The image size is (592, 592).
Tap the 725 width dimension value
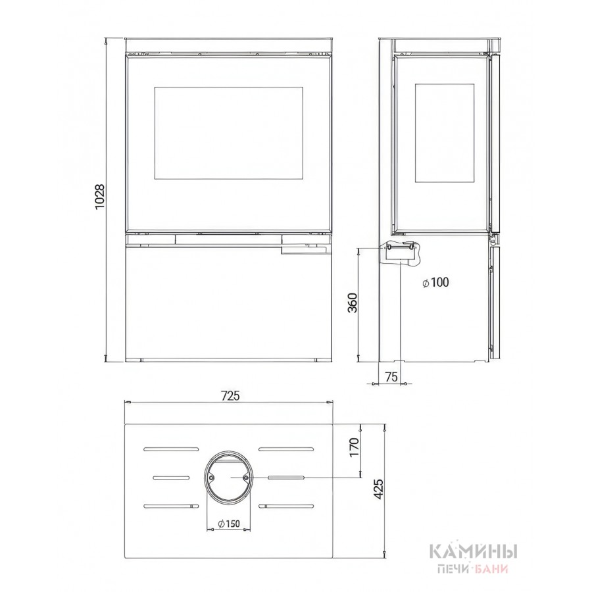pyautogui.click(x=230, y=396)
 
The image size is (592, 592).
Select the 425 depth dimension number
pyautogui.click(x=379, y=489)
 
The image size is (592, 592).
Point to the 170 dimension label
pyautogui.click(x=354, y=447)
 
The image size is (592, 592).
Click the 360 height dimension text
pyautogui.click(x=352, y=303)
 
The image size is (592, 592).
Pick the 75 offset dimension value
pyautogui.click(x=391, y=377)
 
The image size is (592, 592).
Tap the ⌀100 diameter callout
pyautogui.click(x=435, y=282)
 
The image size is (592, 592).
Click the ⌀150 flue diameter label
pyautogui.click(x=229, y=524)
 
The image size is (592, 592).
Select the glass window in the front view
pyautogui.click(x=228, y=133)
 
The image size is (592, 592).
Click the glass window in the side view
pyautogui.click(x=445, y=134)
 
